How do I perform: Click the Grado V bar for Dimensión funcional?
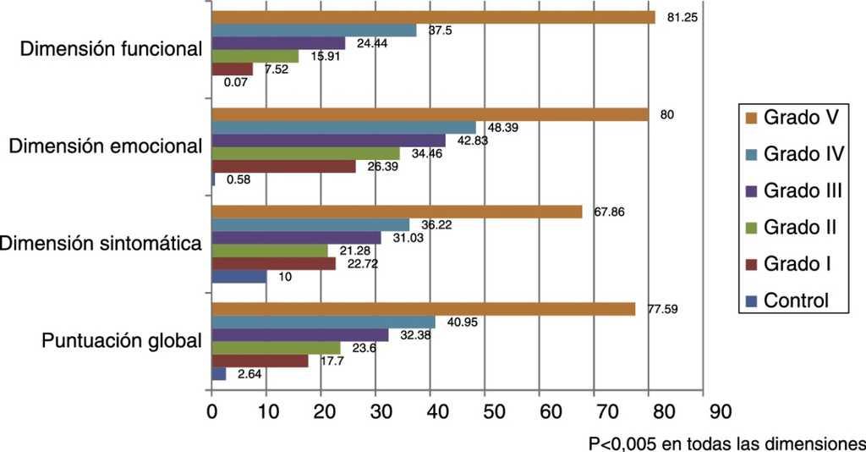tap(433, 17)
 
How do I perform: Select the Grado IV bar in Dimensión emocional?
tap(343, 127)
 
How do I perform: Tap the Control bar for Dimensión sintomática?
tap(238, 276)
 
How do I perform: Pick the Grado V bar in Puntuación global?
tap(423, 309)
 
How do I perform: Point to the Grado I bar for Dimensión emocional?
tap(283, 167)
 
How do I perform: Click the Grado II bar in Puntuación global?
tap(276, 348)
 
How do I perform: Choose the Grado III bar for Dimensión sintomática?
tap(296, 238)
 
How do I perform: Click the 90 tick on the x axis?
tap(704, 411)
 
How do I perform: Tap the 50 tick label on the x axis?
tap(485, 411)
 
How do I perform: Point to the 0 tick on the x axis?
tap(211, 411)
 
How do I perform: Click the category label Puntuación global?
tap(122, 342)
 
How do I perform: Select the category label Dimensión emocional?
tap(105, 146)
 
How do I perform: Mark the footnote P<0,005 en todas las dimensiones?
tap(726, 442)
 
